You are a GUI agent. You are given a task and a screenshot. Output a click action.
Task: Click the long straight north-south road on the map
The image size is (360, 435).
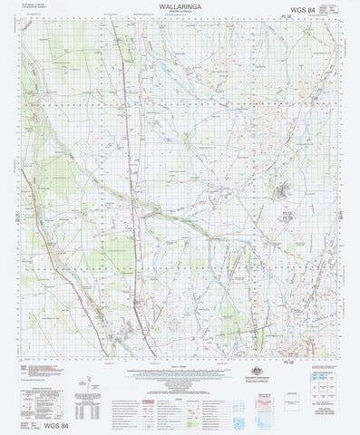click(132, 181)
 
